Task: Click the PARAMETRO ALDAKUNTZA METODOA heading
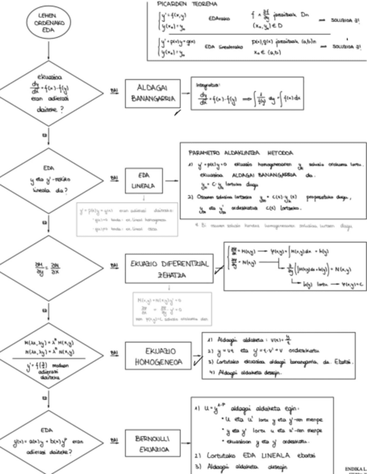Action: coord(234,151)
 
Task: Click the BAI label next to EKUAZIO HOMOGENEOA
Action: coord(114,353)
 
